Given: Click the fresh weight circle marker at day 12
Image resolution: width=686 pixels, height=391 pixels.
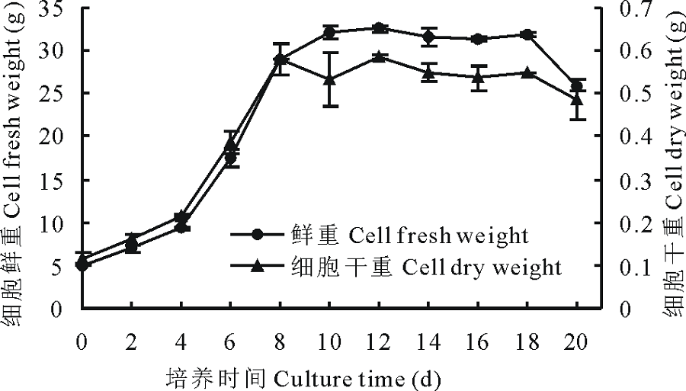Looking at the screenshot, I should tap(379, 28).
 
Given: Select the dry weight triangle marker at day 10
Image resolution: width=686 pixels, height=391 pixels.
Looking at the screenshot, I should tap(329, 79).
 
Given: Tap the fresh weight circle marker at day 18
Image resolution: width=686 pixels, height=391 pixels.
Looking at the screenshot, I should tap(527, 34).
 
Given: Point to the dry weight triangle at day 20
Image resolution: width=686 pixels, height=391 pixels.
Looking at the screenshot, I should tap(576, 99).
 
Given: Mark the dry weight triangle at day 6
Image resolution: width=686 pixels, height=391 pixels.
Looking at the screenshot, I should tap(230, 145).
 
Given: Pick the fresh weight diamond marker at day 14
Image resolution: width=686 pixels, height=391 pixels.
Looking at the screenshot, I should tap(428, 37).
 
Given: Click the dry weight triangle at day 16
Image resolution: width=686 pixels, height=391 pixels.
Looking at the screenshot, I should tap(478, 77).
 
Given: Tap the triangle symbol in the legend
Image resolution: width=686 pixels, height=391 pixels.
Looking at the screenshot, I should tap(258, 266).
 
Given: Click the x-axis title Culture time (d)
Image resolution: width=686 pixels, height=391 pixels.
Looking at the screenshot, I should tap(304, 377).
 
